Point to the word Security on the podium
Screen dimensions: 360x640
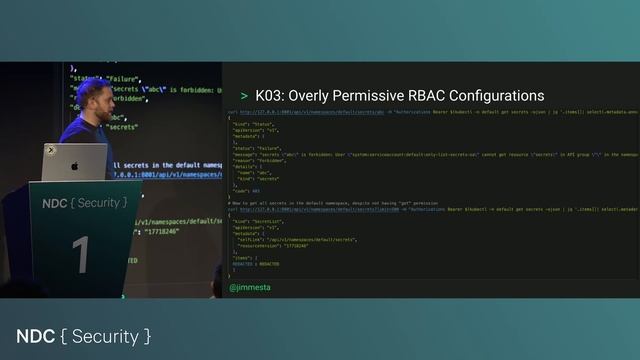(x=103, y=203)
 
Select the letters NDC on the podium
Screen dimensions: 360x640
(x=55, y=203)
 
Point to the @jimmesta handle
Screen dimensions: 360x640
(x=250, y=287)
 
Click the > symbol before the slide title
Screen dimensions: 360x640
(x=244, y=96)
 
